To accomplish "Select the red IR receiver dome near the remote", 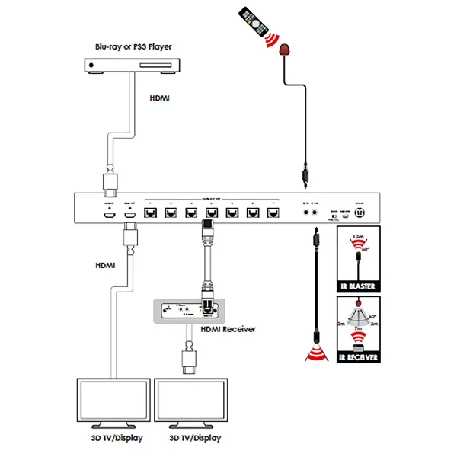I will [x=286, y=51].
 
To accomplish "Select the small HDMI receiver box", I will [x=186, y=309].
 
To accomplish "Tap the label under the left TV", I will [x=111, y=439].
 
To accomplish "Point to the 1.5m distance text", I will [x=358, y=238].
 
